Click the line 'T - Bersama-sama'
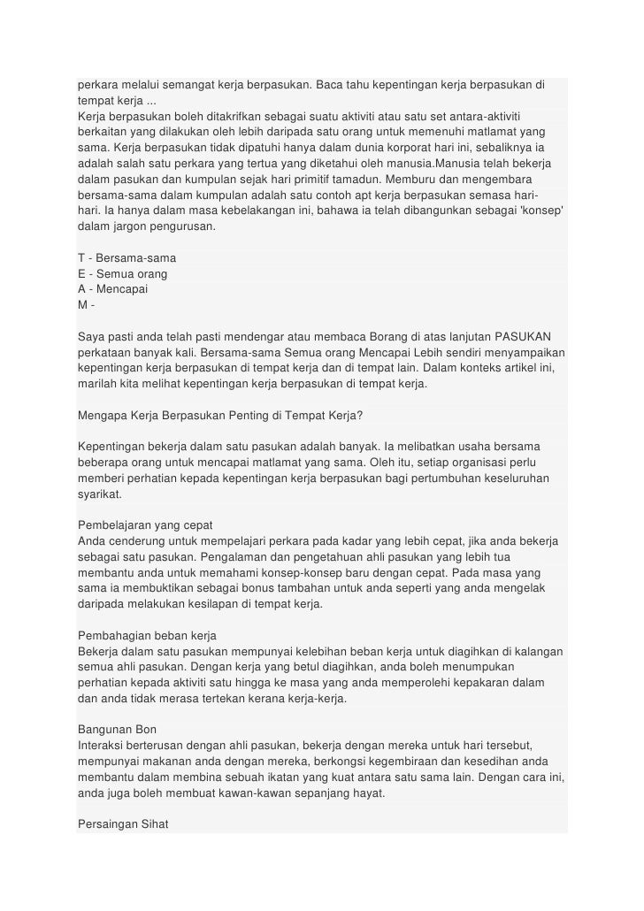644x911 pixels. tap(126, 257)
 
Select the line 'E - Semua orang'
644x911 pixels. tap(123, 273)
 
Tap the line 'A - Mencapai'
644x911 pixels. tap(113, 289)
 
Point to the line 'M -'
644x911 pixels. tap(86, 305)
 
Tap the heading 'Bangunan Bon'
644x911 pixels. tap(117, 730)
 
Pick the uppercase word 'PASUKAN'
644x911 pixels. tap(523, 337)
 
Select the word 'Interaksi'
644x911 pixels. tap(102, 746)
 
